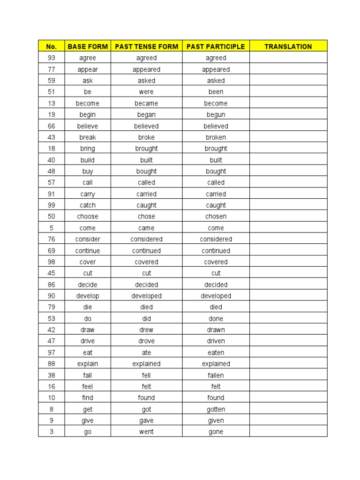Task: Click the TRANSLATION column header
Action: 288,46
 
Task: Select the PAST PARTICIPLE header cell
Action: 216,46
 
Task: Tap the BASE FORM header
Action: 88,46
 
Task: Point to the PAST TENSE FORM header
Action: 146,46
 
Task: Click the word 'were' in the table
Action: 146,92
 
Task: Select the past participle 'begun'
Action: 216,114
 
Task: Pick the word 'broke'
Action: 146,137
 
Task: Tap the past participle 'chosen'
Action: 216,217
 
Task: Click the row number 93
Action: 52,58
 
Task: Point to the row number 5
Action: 52,228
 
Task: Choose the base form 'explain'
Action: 88,364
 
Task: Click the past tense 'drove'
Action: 146,341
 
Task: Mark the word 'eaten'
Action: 216,352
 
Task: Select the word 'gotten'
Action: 216,409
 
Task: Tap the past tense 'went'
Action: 146,432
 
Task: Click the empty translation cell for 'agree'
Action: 288,58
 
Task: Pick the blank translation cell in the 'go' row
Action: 288,432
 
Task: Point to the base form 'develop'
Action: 88,296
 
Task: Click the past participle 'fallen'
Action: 216,375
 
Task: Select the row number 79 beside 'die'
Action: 52,307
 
